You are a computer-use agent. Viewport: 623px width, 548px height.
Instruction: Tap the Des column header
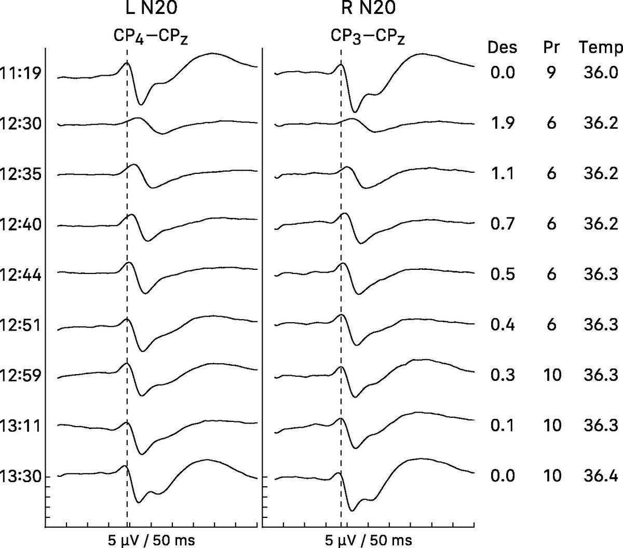pyautogui.click(x=502, y=48)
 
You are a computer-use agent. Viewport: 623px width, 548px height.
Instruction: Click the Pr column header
pyautogui.click(x=551, y=48)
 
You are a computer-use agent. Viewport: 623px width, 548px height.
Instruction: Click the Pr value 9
pyautogui.click(x=551, y=72)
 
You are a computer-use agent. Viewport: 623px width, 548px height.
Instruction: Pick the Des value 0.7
pyautogui.click(x=502, y=224)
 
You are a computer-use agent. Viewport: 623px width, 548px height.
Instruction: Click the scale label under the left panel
pyautogui.click(x=151, y=540)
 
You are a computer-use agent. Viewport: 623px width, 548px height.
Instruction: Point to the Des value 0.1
pyautogui.click(x=502, y=426)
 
